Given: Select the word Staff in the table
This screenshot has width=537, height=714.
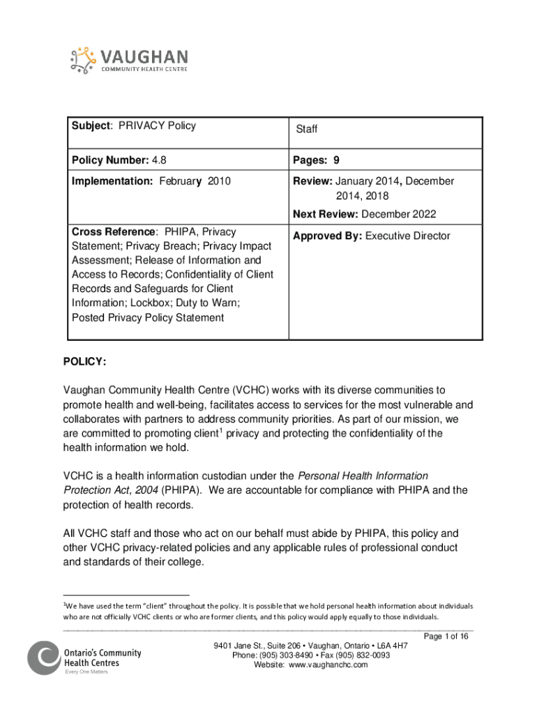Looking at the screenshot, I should click(307, 130).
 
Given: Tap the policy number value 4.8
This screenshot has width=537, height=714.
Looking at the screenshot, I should click(159, 161).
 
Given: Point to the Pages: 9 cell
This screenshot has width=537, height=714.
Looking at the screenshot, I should click(321, 161).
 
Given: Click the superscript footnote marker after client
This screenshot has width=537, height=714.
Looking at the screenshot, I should click(221, 430).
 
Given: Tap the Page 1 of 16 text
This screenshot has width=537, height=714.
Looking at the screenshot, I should click(447, 636).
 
